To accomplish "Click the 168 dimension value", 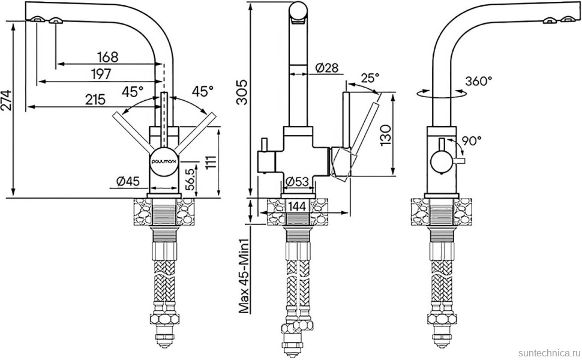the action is point(107,57).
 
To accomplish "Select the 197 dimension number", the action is point(100,74).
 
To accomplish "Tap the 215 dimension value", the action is point(95,100).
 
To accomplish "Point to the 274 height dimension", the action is point(7,101).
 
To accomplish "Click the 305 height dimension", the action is point(242,92).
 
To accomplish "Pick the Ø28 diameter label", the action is point(327,68).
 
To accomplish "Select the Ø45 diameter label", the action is point(128,181).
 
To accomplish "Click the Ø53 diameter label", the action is point(298,182).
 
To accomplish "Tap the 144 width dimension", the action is point(296,207).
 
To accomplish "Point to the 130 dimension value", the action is point(386,136).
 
